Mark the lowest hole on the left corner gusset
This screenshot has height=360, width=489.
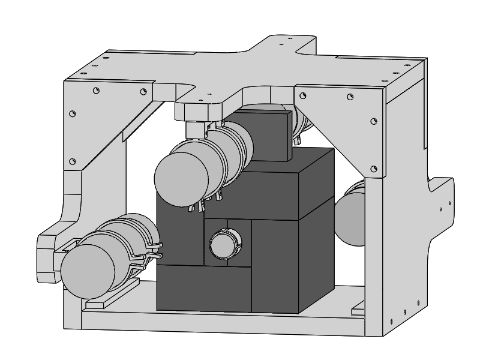[x=73, y=161]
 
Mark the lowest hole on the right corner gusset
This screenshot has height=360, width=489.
[x=374, y=169]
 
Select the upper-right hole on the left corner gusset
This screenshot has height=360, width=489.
[x=143, y=91]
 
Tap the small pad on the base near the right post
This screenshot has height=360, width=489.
[x=358, y=309]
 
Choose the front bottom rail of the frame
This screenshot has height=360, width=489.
[x=222, y=322]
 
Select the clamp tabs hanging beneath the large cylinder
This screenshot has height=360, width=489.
[x=207, y=204]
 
